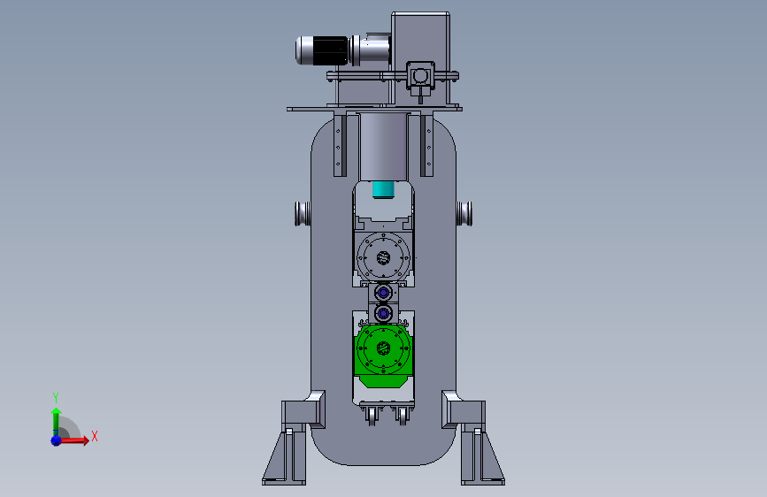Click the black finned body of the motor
[331, 50]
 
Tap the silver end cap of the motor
[303, 50]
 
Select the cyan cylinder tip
[384, 190]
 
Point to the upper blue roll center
[384, 293]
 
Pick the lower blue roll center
[384, 312]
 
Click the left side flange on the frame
[303, 214]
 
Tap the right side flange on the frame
[464, 214]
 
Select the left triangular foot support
[284, 457]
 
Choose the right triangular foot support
[483, 457]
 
